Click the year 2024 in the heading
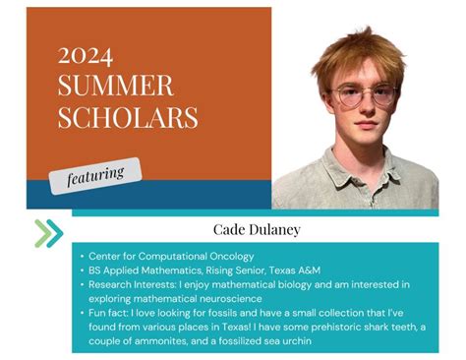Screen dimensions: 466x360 tap(86, 57)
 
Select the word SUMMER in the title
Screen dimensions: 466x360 tap(115, 86)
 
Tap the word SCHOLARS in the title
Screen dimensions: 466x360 tap(128, 117)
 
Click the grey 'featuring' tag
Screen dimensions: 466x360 tap(95, 176)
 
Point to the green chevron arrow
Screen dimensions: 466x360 tap(43, 233)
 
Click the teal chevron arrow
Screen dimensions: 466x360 tap(55, 233)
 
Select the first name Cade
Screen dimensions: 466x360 tap(229, 229)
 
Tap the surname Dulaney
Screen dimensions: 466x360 tap(274, 230)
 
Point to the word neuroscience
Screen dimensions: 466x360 tap(230, 299)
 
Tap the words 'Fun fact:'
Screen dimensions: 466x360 tap(108, 313)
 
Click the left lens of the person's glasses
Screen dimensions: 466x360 tap(348, 95)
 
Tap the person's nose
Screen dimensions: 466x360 tap(367, 106)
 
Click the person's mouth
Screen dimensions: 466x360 tap(366, 125)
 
